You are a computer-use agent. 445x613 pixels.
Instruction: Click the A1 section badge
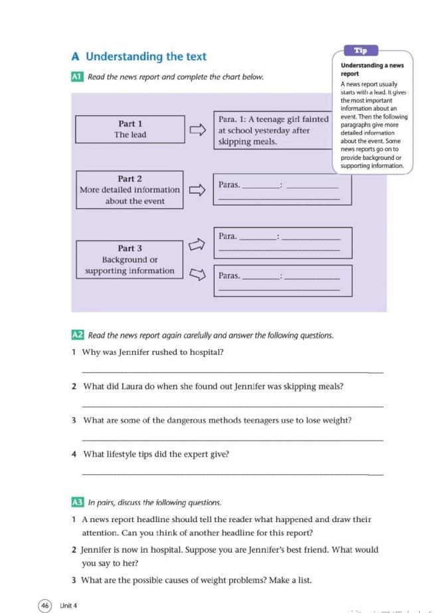[76, 77]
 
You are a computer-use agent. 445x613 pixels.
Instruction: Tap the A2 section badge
[76, 335]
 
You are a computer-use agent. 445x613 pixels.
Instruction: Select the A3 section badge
[76, 503]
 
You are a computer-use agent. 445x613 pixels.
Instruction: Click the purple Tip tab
[361, 50]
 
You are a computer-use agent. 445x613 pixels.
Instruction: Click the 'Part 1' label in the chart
[130, 123]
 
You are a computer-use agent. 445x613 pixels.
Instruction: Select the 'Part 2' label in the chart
[130, 178]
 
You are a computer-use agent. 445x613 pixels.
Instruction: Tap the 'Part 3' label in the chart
[130, 248]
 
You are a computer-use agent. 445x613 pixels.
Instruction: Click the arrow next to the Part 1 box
[197, 130]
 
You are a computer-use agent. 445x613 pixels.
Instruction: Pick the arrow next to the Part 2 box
[197, 190]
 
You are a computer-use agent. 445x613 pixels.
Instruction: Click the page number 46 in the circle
[44, 605]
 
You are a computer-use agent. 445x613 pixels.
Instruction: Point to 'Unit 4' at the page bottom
[68, 605]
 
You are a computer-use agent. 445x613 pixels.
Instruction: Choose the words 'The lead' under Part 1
[130, 135]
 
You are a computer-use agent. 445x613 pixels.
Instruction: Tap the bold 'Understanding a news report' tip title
[371, 70]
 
